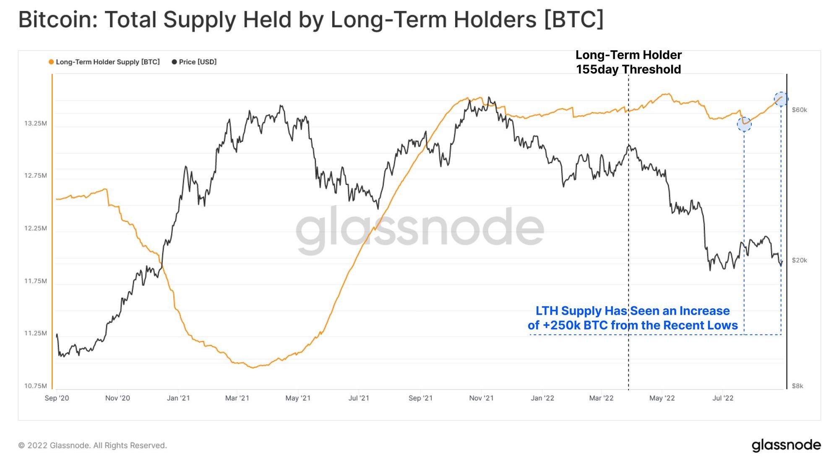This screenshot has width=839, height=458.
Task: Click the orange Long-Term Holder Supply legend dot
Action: pos(51,62)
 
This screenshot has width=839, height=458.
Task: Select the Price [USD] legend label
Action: pos(198,62)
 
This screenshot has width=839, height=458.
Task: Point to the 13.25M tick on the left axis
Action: pos(36,123)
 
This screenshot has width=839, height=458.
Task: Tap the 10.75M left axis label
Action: pos(36,386)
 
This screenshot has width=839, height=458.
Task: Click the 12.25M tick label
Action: pos(36,228)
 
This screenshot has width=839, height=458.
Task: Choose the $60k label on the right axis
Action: pos(799,110)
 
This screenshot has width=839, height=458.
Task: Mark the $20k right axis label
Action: pos(799,260)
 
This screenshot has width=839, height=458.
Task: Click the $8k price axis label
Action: pos(797,386)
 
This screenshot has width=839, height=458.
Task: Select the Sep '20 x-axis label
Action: pos(57,398)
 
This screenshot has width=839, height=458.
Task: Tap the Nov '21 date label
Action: pos(481,398)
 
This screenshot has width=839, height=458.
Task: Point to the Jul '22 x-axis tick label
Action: pos(723,398)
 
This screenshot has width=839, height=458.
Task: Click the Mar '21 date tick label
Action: pos(237,398)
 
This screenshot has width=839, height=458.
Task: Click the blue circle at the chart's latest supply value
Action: pos(781,99)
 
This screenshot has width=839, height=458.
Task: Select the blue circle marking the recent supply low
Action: pos(744,124)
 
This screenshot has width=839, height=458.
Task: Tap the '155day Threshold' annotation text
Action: pos(628,70)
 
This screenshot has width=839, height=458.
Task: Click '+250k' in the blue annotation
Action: pos(561,325)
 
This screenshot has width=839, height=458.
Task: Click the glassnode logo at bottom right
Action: pos(786,445)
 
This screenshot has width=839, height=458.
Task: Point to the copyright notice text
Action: pos(92,445)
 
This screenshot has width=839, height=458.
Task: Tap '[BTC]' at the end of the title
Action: pos(574,19)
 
